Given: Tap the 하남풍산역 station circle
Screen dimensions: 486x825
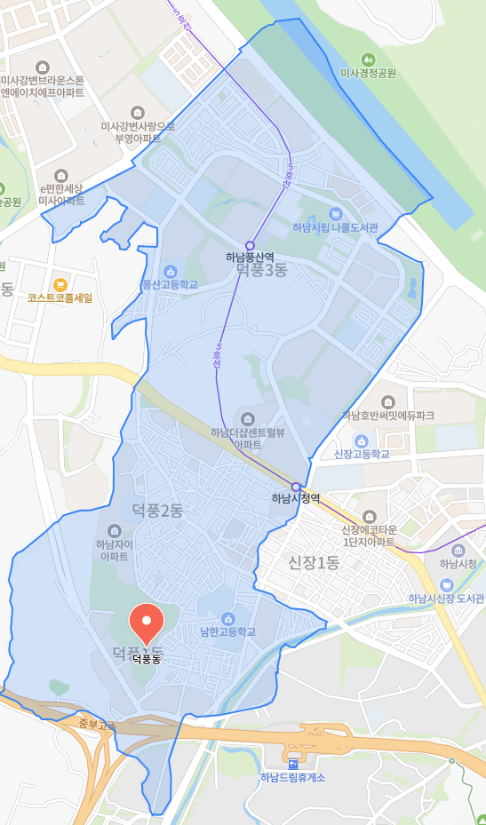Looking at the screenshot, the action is (250, 245).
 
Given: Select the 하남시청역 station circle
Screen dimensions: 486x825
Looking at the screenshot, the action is (296, 486).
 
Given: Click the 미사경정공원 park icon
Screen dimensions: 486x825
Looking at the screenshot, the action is (368, 58).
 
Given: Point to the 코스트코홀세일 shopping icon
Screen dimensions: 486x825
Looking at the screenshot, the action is (60, 284).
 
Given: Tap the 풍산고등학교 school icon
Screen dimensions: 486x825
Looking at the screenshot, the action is (170, 271).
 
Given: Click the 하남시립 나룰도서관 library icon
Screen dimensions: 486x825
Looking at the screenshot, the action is (335, 213).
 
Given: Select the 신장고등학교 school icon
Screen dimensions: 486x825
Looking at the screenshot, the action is (362, 440).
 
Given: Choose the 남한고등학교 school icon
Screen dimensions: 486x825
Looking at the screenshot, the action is (228, 618).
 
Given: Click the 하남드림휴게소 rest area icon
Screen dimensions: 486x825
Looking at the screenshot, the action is (293, 764).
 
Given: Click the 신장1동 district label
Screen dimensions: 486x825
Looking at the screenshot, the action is (314, 562).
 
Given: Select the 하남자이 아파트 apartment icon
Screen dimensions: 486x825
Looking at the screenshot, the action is (113, 530).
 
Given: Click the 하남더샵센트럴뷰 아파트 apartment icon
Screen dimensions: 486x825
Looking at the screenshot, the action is (247, 418).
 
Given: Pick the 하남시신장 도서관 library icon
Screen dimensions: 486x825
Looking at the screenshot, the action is (447, 584).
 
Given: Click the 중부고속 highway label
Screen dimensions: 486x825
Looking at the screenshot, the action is (97, 725).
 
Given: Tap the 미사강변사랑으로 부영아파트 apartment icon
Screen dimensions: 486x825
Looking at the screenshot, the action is (137, 112).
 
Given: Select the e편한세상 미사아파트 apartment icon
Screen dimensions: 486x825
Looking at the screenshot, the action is (60, 176).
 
